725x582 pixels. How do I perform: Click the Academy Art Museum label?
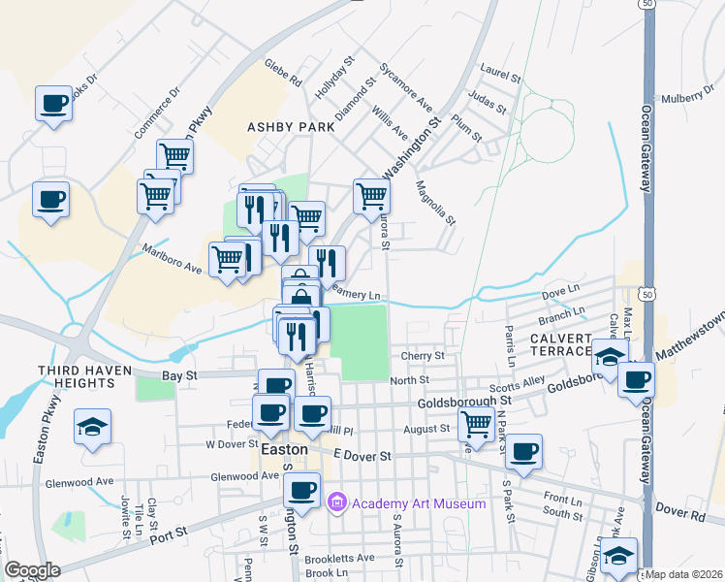[x=418, y=503]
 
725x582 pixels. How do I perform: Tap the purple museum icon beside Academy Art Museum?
[x=337, y=503]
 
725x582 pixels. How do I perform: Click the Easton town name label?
[x=285, y=450]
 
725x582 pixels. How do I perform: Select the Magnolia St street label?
[x=435, y=203]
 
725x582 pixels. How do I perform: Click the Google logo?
[x=32, y=570]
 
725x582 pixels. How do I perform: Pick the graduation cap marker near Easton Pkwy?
[x=93, y=427]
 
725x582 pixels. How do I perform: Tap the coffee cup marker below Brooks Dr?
[x=54, y=103]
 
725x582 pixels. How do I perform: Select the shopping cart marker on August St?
[x=475, y=423]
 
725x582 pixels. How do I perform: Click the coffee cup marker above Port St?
[x=302, y=491]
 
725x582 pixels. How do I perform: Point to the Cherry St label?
[x=423, y=356]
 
